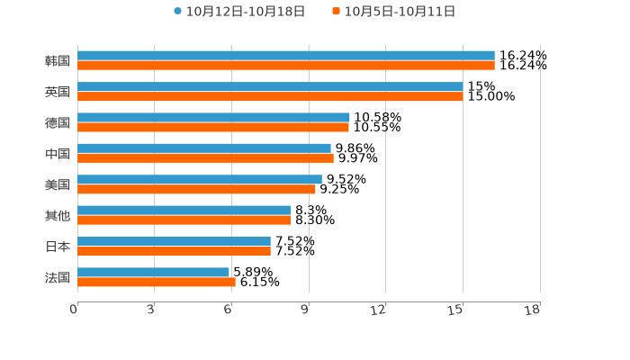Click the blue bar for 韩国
286,56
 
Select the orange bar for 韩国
286,66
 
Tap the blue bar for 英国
270,86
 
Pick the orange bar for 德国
213,128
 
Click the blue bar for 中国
204,148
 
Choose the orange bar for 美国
196,190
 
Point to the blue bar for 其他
184,211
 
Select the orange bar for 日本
174,251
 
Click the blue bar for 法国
153,272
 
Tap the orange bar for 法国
157,283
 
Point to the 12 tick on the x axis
379,310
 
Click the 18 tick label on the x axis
533,310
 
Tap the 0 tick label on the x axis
74,310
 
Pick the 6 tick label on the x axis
229,310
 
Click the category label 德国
58,122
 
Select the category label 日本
58,247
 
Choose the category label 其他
58,216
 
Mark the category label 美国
58,184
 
